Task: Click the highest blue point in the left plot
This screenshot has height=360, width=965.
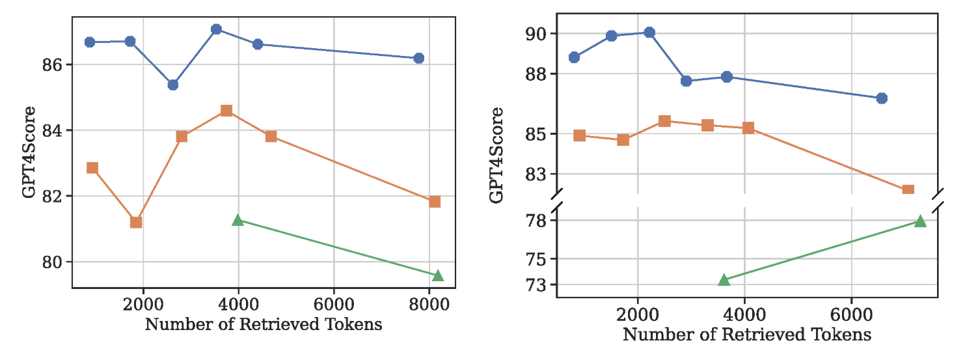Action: (217, 29)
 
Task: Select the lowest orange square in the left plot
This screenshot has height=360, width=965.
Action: (136, 222)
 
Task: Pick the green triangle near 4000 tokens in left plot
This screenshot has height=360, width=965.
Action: (238, 220)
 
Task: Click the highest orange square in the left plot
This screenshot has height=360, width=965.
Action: (226, 111)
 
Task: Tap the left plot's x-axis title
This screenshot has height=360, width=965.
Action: (264, 324)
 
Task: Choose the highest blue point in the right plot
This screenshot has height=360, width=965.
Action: (649, 33)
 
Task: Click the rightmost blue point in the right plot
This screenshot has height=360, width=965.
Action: (882, 98)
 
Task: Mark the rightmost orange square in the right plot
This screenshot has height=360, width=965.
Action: (908, 190)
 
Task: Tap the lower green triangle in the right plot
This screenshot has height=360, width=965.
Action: (724, 280)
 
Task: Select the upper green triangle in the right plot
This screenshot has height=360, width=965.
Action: (919, 221)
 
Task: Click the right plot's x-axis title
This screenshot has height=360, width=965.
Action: (747, 335)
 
